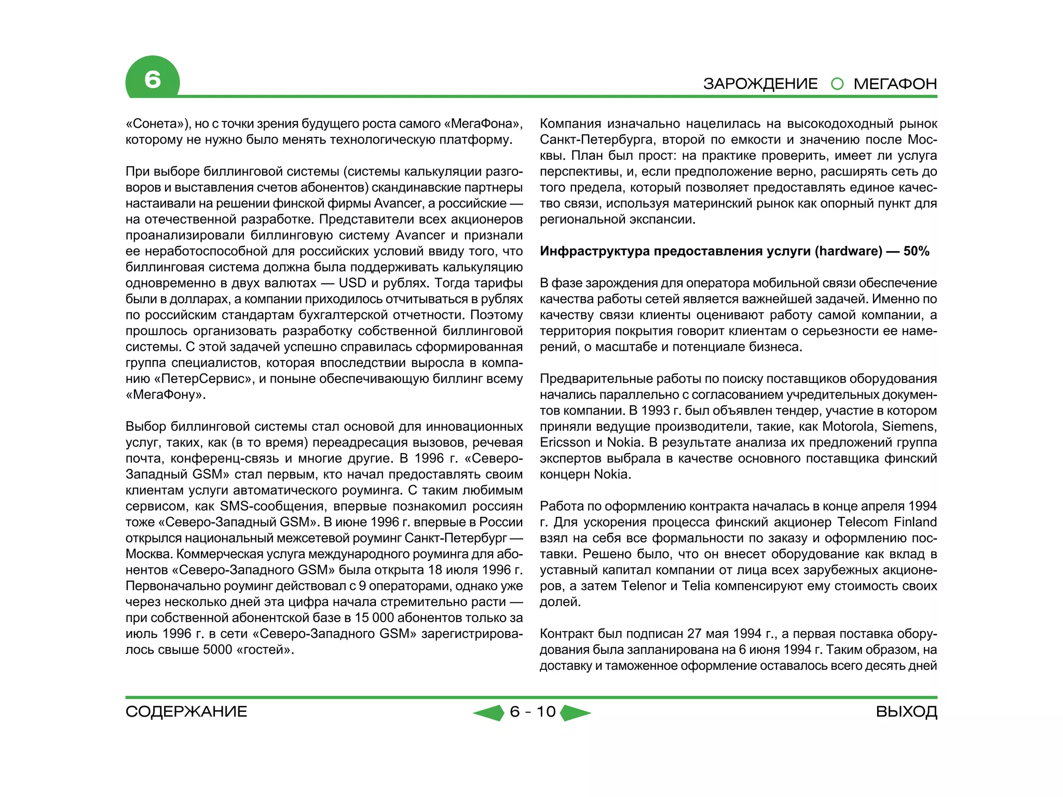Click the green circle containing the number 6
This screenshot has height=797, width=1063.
click(152, 79)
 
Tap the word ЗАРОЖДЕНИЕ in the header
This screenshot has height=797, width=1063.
click(760, 84)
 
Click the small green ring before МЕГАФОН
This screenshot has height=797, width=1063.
click(837, 84)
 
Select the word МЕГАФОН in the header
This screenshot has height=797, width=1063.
click(895, 84)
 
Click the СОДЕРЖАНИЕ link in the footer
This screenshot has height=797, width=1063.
click(186, 711)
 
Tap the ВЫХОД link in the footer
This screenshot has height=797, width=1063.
click(906, 711)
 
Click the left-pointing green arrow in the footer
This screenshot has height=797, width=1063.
click(489, 712)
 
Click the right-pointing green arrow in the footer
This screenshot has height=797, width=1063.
click(575, 712)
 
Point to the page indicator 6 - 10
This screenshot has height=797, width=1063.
click(533, 711)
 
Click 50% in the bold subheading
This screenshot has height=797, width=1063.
click(916, 251)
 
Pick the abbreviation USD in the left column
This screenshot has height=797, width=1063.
click(353, 283)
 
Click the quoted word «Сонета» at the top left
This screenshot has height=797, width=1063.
click(158, 124)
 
